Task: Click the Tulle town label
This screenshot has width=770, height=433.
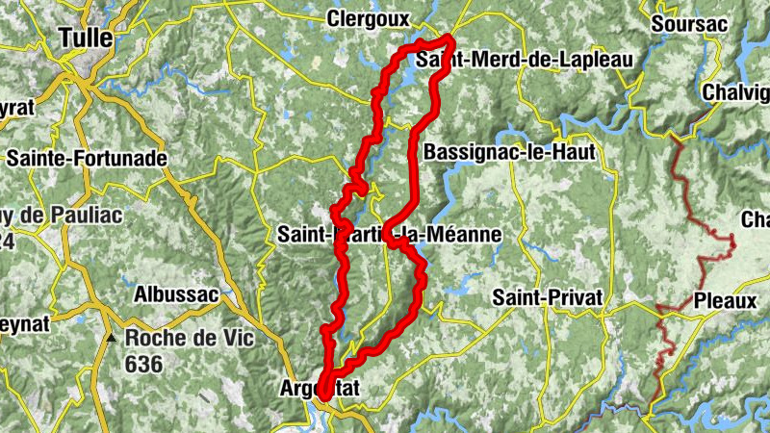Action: (x=86, y=38)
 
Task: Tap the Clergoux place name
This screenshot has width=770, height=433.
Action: (x=368, y=18)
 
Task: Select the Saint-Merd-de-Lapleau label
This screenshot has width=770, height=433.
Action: (x=526, y=60)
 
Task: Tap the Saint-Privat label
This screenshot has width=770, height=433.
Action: (x=547, y=297)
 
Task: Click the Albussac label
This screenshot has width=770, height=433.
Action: (x=177, y=293)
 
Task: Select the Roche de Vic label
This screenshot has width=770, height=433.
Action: (x=175, y=339)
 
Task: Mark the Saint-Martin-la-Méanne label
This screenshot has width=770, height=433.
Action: (x=389, y=234)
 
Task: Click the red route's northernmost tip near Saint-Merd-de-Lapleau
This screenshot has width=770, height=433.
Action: (x=450, y=38)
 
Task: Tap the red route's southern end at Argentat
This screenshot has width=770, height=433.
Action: (x=323, y=395)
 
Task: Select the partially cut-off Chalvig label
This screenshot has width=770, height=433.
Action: (x=736, y=92)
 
